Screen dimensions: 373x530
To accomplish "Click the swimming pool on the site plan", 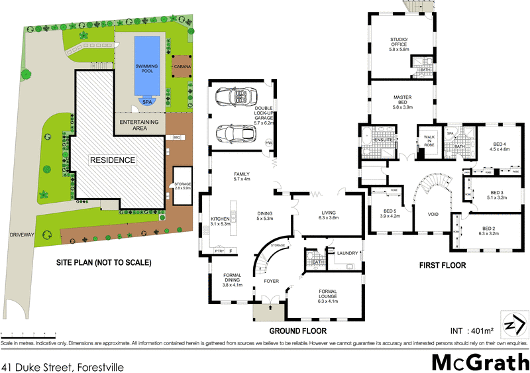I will (x=146, y=65).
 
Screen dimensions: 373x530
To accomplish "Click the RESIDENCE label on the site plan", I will (x=114, y=160).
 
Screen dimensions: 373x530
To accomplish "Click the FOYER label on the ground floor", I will (x=272, y=281).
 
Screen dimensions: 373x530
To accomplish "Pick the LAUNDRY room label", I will (x=347, y=253).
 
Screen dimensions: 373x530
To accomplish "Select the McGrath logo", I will (x=480, y=361).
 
